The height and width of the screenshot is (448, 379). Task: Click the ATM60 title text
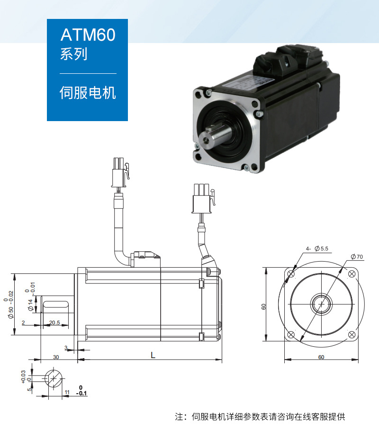point(88,35)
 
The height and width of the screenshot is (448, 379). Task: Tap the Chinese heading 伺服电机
point(88,93)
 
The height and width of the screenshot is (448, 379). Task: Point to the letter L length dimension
point(153,355)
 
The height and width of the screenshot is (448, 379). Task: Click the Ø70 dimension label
point(357,256)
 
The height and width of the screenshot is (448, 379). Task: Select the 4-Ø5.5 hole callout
point(317,248)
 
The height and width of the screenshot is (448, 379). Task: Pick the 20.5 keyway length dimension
point(54,323)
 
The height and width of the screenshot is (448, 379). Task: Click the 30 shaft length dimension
point(56,357)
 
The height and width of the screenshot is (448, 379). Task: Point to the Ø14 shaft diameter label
point(30,305)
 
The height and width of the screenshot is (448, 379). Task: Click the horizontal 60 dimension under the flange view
point(321,357)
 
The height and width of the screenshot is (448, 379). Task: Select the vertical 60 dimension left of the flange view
point(263,307)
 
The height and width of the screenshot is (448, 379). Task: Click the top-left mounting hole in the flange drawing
point(291,274)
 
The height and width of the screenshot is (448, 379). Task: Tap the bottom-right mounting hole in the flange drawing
point(352,334)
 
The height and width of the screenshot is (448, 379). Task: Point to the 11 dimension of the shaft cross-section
point(67,392)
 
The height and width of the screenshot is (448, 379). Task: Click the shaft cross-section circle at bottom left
point(54,378)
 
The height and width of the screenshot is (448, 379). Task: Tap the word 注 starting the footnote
point(179,417)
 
